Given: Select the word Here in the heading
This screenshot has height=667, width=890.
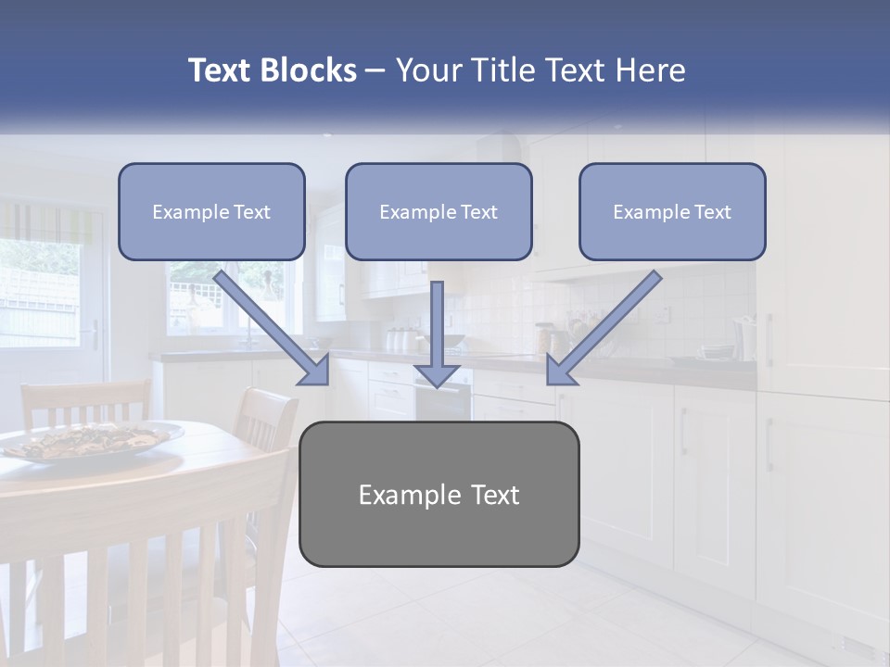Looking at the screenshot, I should [651, 70].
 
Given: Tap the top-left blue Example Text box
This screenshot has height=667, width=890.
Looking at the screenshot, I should [211, 211].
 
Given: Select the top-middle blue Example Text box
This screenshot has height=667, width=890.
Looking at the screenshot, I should [439, 211].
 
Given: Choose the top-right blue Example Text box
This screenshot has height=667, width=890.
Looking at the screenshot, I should [672, 211].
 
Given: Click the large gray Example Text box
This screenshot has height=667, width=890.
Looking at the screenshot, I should [439, 494].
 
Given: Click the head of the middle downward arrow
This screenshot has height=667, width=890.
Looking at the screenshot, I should [438, 373].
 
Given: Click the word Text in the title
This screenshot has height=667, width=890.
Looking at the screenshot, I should [220, 70].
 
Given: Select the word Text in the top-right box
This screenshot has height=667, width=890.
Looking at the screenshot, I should [712, 212].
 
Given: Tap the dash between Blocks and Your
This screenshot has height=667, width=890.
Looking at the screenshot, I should [375, 70].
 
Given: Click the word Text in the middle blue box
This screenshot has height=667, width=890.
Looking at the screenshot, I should [478, 212].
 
